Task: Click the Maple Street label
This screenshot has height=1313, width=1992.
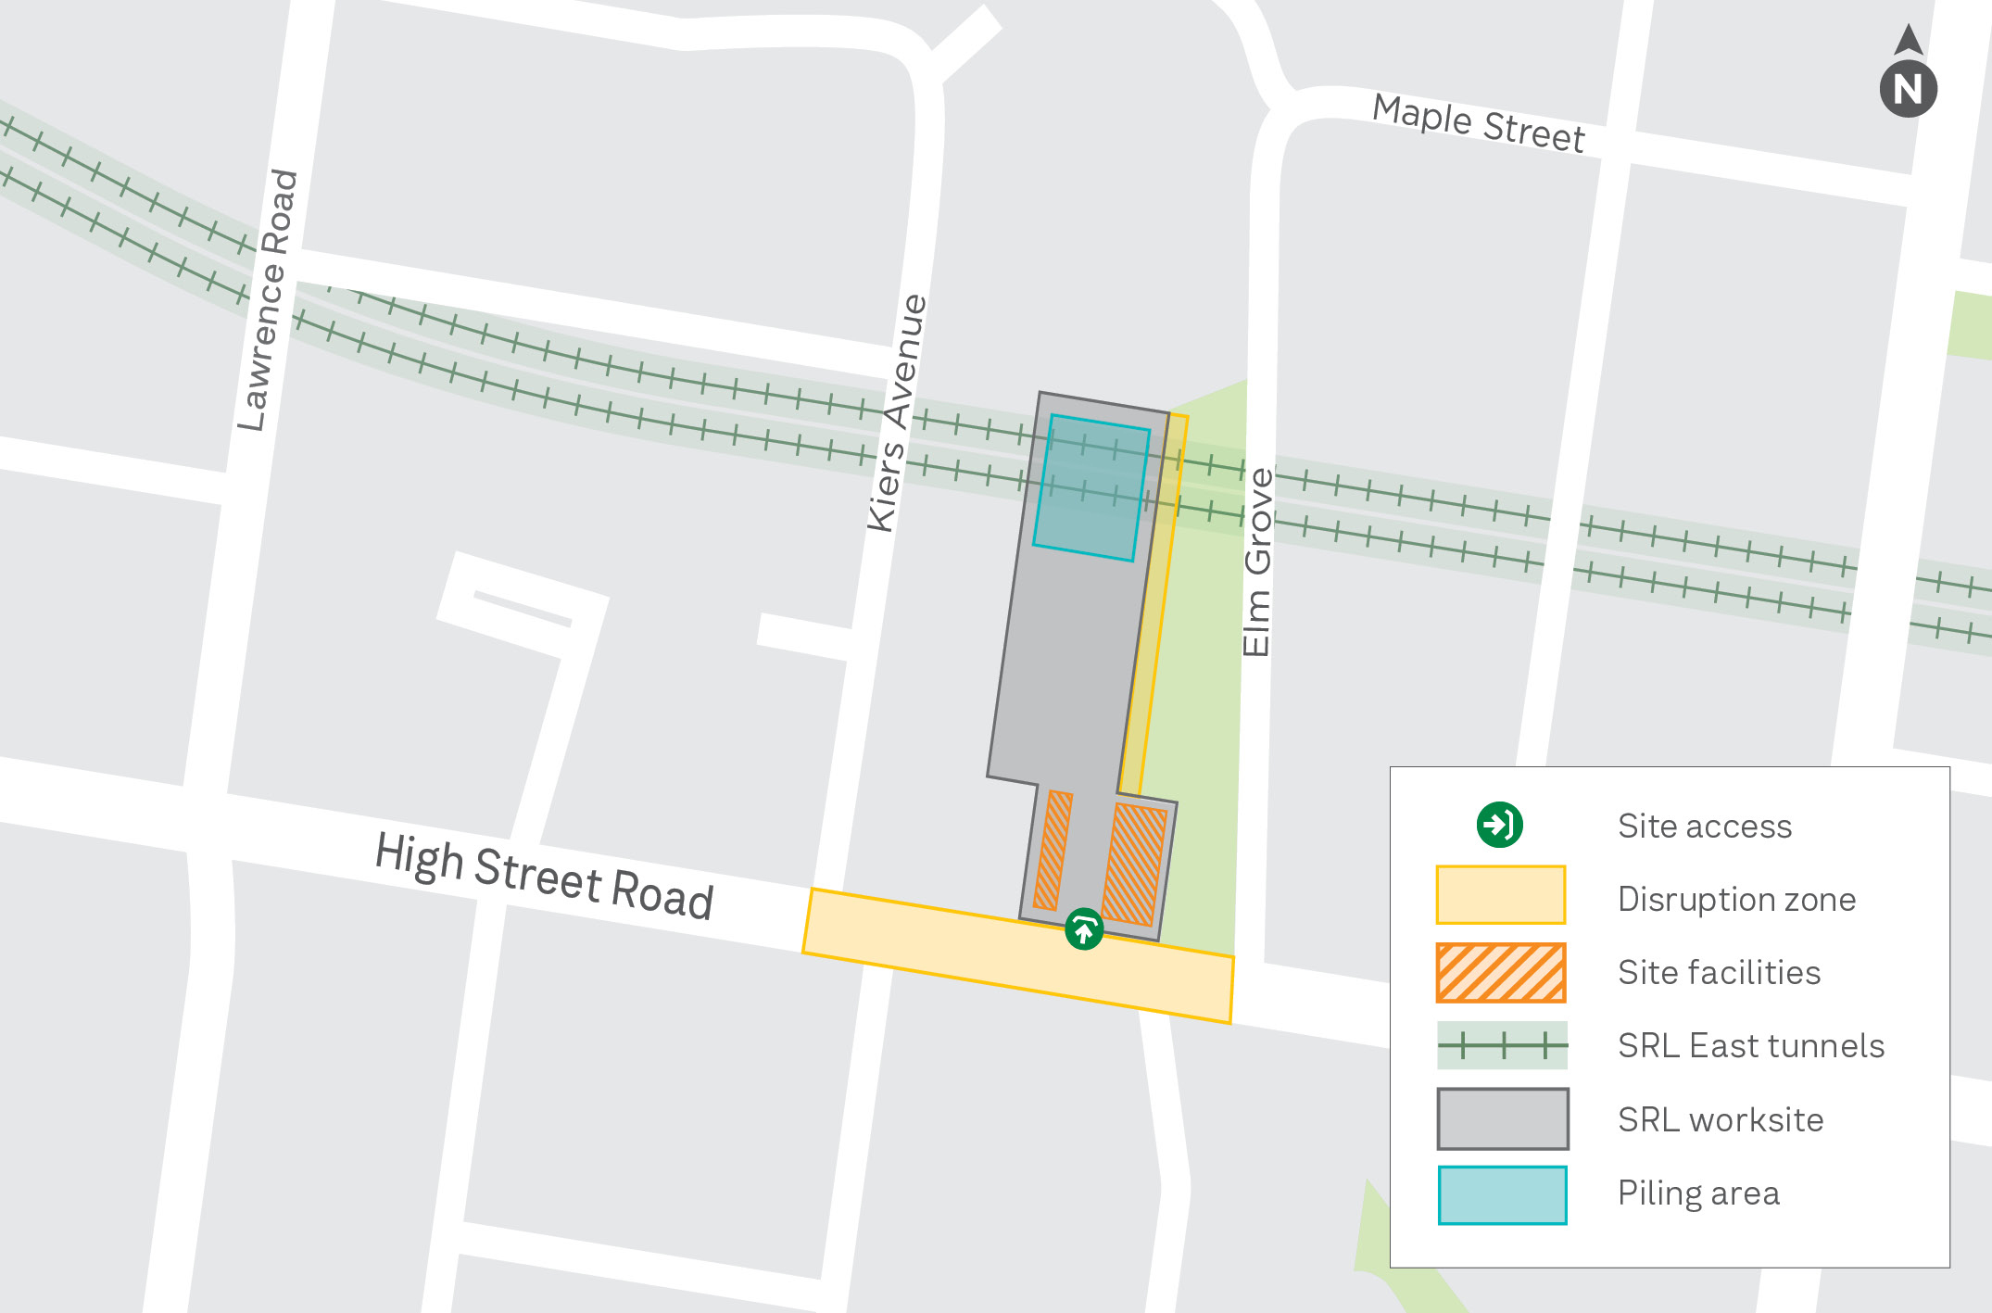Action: tap(1478, 123)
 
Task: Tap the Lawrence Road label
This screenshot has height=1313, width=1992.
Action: tap(268, 299)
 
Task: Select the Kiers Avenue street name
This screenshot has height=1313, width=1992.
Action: tap(896, 412)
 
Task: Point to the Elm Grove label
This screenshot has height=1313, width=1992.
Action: tap(1257, 562)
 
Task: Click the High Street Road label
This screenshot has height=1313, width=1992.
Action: tap(544, 875)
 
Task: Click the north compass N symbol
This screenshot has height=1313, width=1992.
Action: tap(1908, 88)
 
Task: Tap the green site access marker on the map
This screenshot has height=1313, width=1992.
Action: tap(1083, 928)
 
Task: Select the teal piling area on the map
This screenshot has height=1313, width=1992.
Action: tap(1091, 487)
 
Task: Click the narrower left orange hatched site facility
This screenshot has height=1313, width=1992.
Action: tap(1053, 850)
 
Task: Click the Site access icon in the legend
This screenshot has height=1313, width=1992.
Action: tap(1499, 825)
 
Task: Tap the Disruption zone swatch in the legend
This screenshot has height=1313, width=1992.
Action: tap(1500, 895)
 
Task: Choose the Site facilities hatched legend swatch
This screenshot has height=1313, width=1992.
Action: tap(1500, 972)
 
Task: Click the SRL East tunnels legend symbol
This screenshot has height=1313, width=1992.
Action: tap(1502, 1045)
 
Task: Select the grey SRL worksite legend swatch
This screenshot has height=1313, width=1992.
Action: tap(1502, 1118)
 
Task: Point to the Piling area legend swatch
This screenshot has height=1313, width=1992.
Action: tap(1502, 1194)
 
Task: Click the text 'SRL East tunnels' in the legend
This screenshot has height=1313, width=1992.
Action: tap(1750, 1045)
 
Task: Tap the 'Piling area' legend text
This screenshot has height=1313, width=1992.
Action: tap(1698, 1193)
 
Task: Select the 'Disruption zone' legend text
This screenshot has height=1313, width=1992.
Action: tap(1736, 899)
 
